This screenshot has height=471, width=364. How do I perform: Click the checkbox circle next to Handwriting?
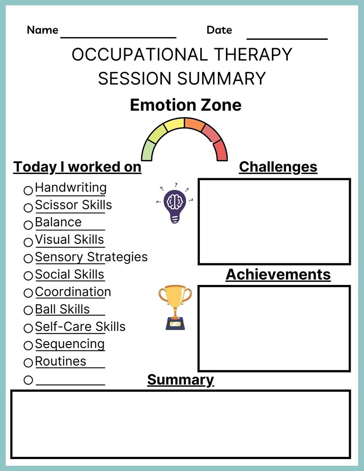pyautogui.click(x=28, y=190)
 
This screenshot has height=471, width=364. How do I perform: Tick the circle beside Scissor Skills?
pyautogui.click(x=28, y=208)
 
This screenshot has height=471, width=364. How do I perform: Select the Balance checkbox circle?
pyautogui.click(x=28, y=225)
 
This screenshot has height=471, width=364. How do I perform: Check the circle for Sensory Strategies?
pyautogui.click(x=28, y=259)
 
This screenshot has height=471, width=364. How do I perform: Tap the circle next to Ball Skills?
pyautogui.click(x=28, y=311)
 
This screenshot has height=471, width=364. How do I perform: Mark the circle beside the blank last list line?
pyautogui.click(x=28, y=380)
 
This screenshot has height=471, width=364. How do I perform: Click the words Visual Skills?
pyautogui.click(x=69, y=240)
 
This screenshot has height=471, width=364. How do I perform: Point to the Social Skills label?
pyautogui.click(x=69, y=274)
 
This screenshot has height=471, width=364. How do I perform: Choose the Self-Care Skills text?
pyautogui.click(x=80, y=327)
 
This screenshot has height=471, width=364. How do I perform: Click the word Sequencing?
pyautogui.click(x=70, y=344)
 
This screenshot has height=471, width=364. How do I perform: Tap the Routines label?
pyautogui.click(x=61, y=361)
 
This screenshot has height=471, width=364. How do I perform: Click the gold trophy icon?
pyautogui.click(x=175, y=307)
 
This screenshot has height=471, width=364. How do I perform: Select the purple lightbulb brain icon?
pyautogui.click(x=174, y=204)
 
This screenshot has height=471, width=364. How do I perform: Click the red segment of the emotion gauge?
pyautogui.click(x=221, y=151)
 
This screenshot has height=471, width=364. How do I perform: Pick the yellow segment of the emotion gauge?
pyautogui.click(x=174, y=124)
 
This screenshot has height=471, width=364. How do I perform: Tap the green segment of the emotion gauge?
pyautogui.click(x=149, y=151)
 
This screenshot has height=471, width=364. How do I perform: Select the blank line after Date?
pyautogui.click(x=287, y=37)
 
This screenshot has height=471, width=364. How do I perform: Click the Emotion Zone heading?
pyautogui.click(x=185, y=105)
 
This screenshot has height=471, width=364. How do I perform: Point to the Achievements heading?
pyautogui.click(x=278, y=274)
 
